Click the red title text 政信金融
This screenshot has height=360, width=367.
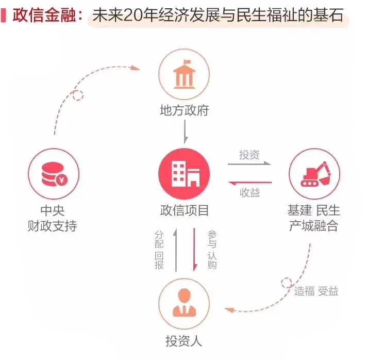(x=44, y=15)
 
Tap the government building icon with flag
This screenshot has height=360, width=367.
(x=184, y=74)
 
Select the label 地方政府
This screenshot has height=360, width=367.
(x=184, y=110)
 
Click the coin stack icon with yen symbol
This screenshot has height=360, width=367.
(x=54, y=174)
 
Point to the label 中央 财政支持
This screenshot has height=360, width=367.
(x=52, y=218)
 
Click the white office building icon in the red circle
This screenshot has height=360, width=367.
(x=186, y=174)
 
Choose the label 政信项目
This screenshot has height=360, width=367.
(x=184, y=210)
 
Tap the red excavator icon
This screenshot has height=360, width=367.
(x=315, y=174)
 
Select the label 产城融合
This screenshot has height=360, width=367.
(x=313, y=226)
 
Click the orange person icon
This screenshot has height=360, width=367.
(x=184, y=303)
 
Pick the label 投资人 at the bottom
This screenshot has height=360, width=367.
(x=183, y=341)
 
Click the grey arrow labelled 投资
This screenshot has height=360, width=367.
(x=249, y=163)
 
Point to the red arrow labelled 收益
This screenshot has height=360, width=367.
(x=250, y=183)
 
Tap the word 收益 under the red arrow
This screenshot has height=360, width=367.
(x=250, y=192)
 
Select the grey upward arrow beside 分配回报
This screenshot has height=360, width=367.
(x=176, y=250)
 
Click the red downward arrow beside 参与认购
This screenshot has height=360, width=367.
(x=194, y=250)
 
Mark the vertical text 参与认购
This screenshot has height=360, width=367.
(x=212, y=250)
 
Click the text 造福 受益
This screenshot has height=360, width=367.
(x=316, y=291)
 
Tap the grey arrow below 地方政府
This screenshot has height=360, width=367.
(x=185, y=132)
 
